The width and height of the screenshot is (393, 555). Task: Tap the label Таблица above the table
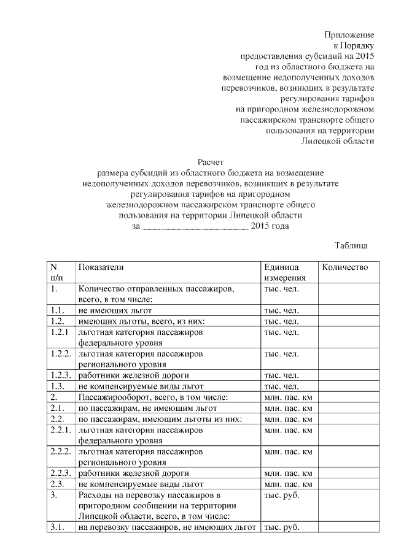(x=351, y=246)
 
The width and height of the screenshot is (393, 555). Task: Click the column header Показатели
(x=101, y=267)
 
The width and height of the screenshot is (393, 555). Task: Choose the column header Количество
(x=344, y=267)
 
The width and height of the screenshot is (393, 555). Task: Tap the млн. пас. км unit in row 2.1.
(x=288, y=408)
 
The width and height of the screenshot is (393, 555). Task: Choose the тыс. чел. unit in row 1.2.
(x=281, y=321)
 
